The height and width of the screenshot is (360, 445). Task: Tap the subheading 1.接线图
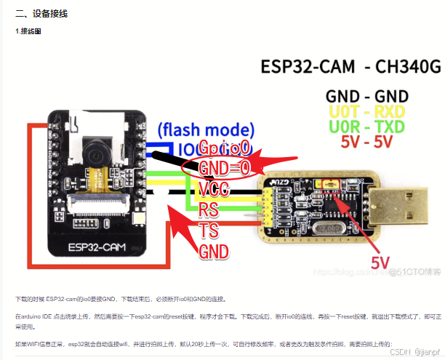click(x=31, y=32)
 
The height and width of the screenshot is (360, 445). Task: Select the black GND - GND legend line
click(x=366, y=96)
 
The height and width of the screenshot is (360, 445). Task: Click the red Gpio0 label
click(x=225, y=148)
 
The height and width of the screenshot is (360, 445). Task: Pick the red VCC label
click(x=216, y=189)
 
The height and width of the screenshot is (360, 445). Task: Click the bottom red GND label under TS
click(x=214, y=252)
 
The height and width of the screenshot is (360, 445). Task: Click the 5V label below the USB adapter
click(x=385, y=262)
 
